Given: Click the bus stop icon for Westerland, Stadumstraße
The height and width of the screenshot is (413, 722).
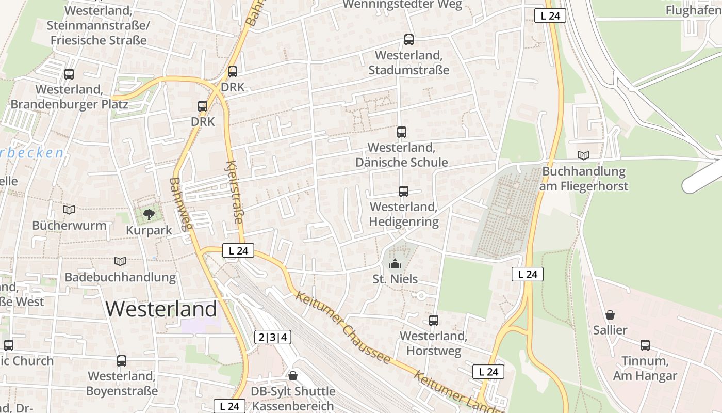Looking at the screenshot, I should point(409,39).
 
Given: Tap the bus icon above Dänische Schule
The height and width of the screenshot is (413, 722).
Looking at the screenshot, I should point(402,132).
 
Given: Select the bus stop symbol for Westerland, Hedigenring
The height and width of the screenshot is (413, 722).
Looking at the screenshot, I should point(404,192).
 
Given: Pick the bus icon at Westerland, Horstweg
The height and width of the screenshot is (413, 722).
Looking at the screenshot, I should point(434,321).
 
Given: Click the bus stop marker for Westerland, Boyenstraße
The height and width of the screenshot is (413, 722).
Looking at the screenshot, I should point(122,361).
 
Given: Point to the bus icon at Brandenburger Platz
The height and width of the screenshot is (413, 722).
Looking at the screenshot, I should point(69,74).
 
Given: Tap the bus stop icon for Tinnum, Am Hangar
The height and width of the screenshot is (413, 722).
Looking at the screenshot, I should point(645,345).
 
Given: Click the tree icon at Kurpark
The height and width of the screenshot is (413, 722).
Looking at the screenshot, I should point(149,214).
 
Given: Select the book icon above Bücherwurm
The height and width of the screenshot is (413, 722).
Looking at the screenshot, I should point(69,210).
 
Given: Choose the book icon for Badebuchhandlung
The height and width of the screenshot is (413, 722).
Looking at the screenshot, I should point(120,262).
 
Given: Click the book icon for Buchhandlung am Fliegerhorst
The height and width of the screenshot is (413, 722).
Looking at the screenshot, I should point(584,155).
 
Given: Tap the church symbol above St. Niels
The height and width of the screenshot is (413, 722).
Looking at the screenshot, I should point(395,264).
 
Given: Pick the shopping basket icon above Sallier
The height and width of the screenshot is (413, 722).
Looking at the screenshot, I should point(610,314).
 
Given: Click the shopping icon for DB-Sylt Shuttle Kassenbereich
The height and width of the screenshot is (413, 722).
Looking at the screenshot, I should point(293,375).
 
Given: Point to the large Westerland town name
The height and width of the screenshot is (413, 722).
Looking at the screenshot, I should point(161,309).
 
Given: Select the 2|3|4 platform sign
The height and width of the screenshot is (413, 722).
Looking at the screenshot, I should point(273,338).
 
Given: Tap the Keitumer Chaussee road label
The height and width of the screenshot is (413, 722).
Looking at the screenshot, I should point(342,327).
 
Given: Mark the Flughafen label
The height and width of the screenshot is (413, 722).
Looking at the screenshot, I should point(693,10).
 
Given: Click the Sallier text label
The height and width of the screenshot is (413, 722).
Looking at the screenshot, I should point(610,330).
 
